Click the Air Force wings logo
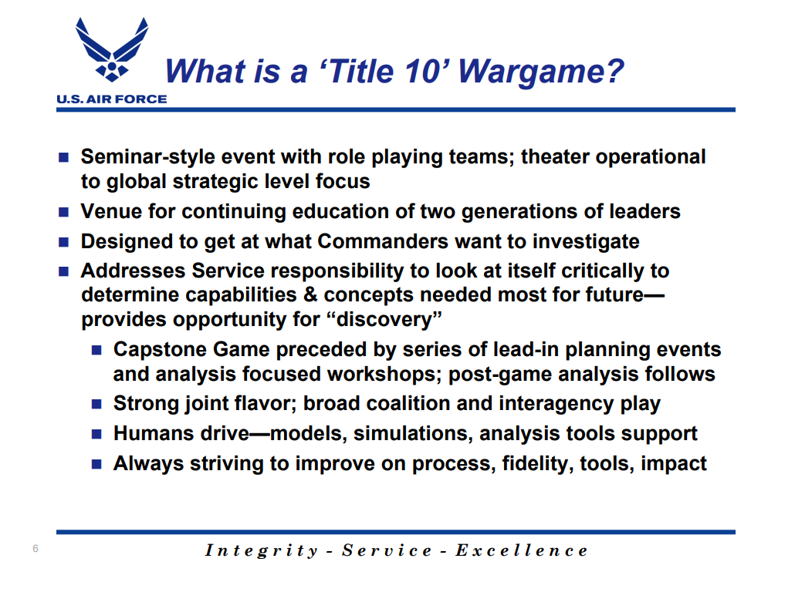[112, 49]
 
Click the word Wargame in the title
[541, 71]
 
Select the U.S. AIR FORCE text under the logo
[112, 99]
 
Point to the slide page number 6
[36, 549]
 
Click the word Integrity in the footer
[262, 550]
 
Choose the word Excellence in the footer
[522, 550]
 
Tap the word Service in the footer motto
[387, 550]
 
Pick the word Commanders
[383, 241]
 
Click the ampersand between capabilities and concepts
[310, 294]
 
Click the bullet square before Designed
[63, 242]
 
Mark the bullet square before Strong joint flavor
[96, 404]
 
